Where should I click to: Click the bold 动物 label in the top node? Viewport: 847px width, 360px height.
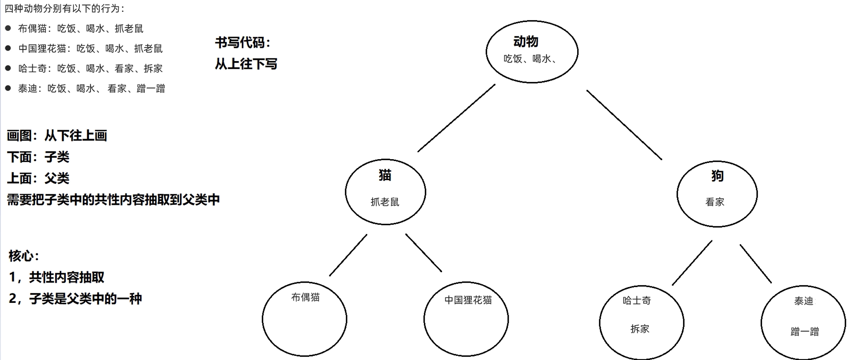525,41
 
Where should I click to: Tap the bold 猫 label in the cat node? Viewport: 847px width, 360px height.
385,175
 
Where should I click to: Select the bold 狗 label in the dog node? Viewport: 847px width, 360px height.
717,176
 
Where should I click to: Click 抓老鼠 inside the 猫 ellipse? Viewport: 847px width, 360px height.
385,202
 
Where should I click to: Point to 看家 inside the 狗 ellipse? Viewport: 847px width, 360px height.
715,202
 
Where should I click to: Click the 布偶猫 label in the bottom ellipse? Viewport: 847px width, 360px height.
305,297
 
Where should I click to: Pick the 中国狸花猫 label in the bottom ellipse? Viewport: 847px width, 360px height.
468,300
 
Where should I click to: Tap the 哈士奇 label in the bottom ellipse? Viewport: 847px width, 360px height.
637,301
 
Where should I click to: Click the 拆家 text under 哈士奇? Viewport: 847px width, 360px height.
640,329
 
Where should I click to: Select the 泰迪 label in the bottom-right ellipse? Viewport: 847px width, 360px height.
803,301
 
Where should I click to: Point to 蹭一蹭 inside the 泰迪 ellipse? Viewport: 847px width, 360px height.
805,331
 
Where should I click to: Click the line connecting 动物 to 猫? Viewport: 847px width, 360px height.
456,118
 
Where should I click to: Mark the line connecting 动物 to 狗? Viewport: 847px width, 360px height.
624,125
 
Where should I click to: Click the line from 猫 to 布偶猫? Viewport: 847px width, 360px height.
348,255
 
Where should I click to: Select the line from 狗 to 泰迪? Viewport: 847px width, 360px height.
756,264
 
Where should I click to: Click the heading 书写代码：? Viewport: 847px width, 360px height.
243,42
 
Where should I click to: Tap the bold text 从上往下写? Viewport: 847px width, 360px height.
246,64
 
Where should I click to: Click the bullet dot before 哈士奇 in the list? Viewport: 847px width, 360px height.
8,68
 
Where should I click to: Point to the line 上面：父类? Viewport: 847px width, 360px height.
38,178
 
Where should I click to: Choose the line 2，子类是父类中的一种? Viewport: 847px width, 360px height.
75,299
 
